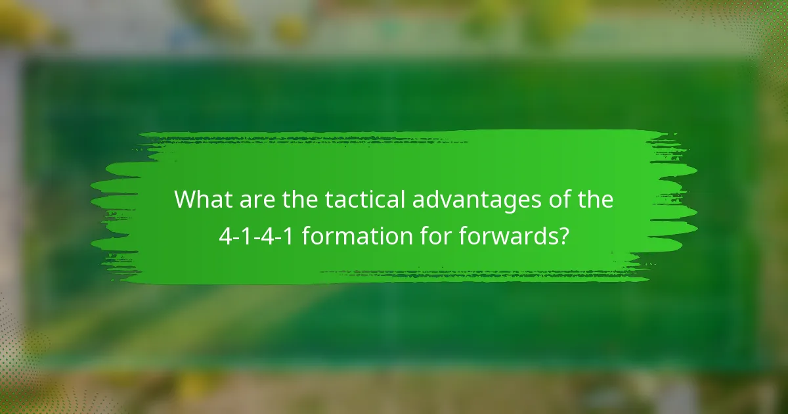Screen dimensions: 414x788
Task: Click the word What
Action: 200,200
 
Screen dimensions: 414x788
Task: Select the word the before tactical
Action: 299,200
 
